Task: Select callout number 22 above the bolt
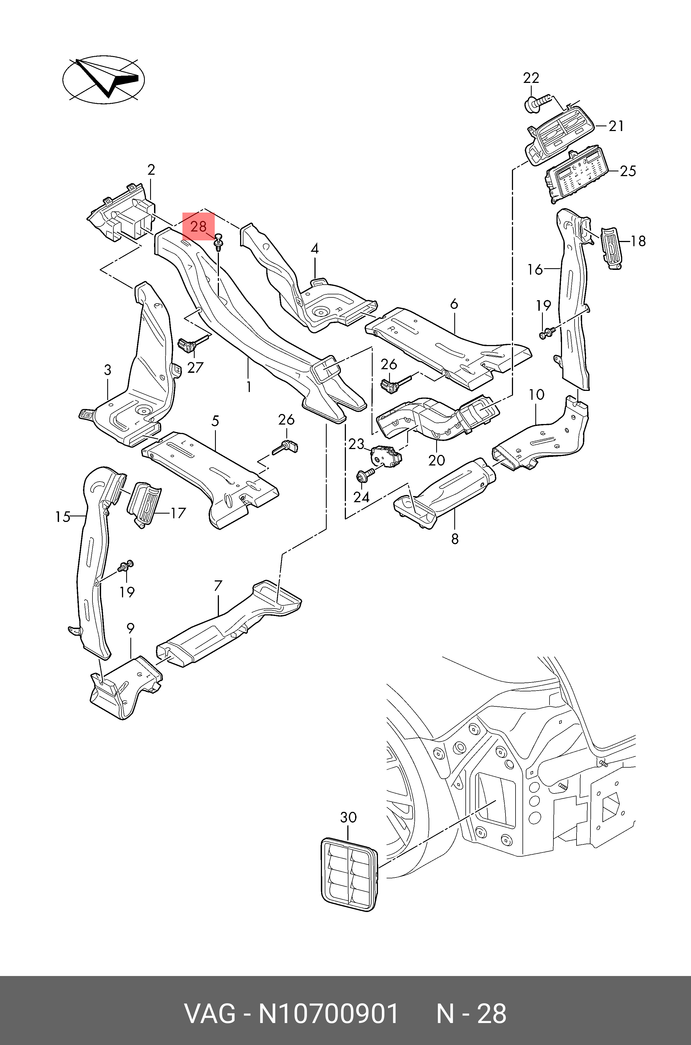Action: click(x=531, y=78)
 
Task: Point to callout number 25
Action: click(x=628, y=171)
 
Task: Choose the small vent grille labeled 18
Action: click(x=611, y=248)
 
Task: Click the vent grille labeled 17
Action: click(x=144, y=504)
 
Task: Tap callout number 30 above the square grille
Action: click(x=348, y=817)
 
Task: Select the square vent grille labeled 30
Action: click(x=349, y=874)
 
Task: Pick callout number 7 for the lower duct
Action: click(x=218, y=586)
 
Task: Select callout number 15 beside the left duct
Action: click(x=63, y=516)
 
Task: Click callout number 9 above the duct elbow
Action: click(x=130, y=629)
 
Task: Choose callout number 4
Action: click(x=315, y=249)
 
